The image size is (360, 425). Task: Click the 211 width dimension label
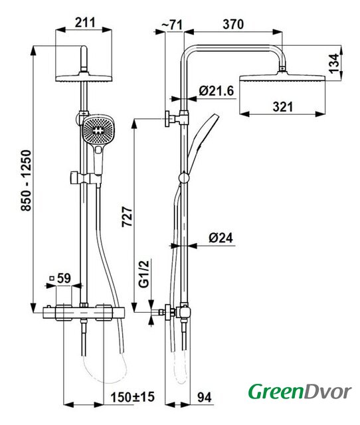click(85, 23)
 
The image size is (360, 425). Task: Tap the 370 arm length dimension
click(233, 24)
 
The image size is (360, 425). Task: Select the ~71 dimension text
click(172, 25)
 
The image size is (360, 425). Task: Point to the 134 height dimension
click(334, 64)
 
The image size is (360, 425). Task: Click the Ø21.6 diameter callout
click(217, 91)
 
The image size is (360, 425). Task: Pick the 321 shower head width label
click(283, 107)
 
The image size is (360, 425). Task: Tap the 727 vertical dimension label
click(127, 217)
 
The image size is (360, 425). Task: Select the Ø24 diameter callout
click(221, 238)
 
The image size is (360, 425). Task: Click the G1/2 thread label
click(144, 274)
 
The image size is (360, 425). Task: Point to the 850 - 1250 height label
click(27, 181)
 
